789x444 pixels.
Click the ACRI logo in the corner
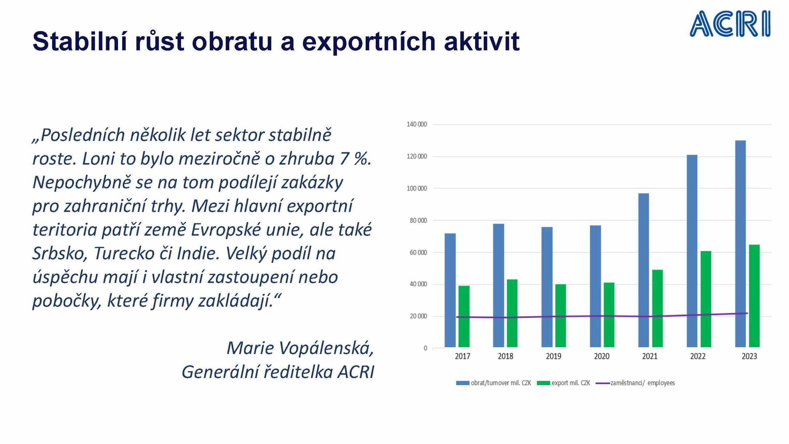click(x=730, y=24)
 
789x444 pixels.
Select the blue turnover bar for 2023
click(x=740, y=244)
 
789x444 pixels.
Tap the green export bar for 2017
click(x=464, y=316)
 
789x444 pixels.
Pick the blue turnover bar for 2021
click(x=644, y=270)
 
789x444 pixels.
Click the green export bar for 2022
click(x=706, y=299)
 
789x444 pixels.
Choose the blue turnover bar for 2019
click(x=547, y=287)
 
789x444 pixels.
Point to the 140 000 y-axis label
click(x=417, y=124)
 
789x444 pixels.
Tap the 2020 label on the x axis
click(x=602, y=356)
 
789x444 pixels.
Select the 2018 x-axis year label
click(x=505, y=356)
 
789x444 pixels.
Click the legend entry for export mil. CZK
click(x=563, y=383)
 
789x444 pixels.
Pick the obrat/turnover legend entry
click(x=493, y=383)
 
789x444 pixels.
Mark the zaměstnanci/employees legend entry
click(x=635, y=383)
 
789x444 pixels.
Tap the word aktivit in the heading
click(x=482, y=41)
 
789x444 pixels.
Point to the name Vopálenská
click(x=326, y=348)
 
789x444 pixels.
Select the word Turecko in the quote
click(x=124, y=253)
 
